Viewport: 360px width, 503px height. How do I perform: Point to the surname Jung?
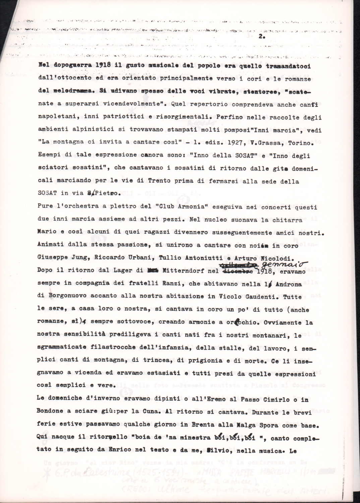(x=78, y=258)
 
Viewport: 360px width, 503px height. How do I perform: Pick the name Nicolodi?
(x=275, y=258)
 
